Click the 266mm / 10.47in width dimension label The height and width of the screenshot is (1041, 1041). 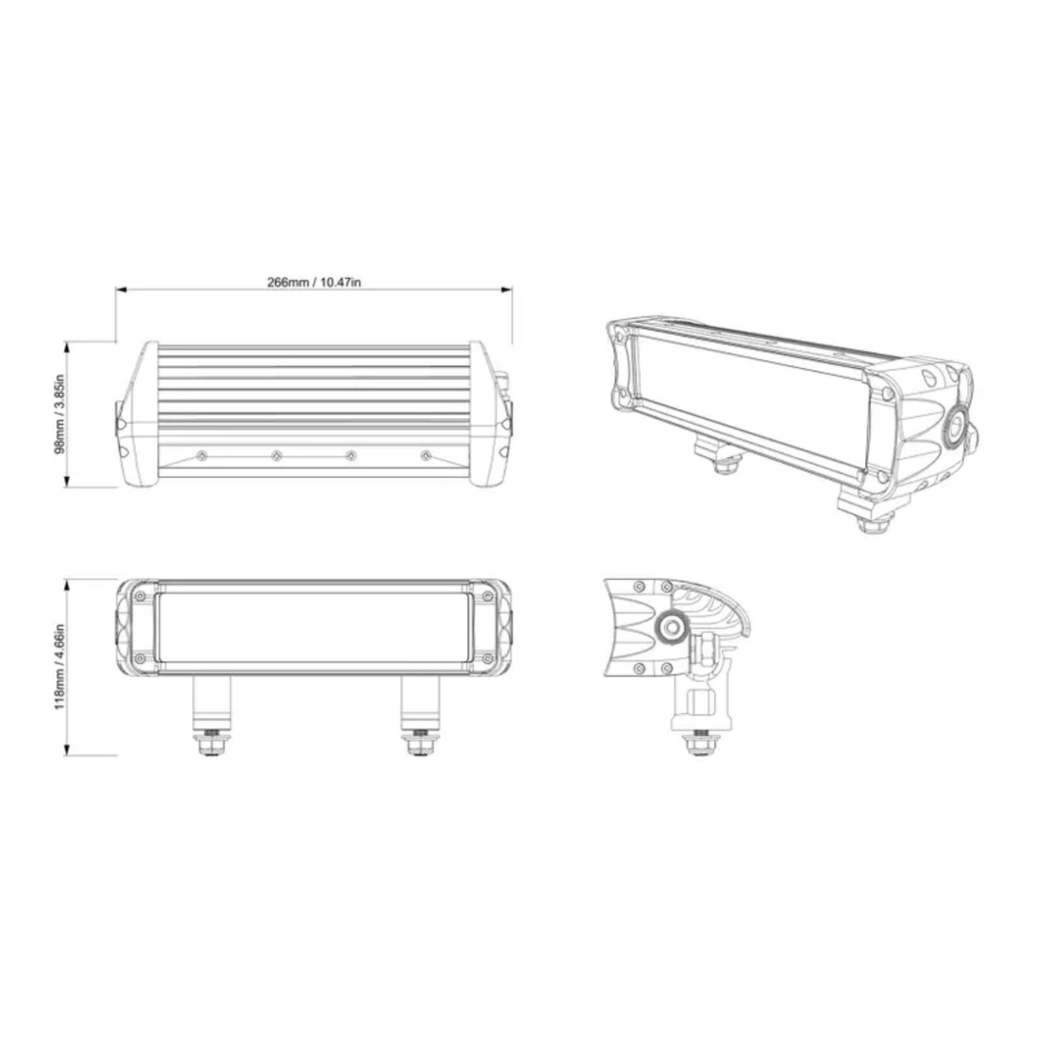(x=313, y=282)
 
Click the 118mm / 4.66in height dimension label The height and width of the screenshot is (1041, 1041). (x=58, y=667)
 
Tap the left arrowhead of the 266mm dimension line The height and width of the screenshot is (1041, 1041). (x=120, y=289)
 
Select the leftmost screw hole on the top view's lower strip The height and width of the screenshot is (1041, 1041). (x=201, y=455)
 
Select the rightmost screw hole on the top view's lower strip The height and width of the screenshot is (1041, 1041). (x=425, y=455)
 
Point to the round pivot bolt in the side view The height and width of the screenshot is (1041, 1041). (x=672, y=625)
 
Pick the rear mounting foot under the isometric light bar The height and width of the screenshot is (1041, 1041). (x=725, y=460)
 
